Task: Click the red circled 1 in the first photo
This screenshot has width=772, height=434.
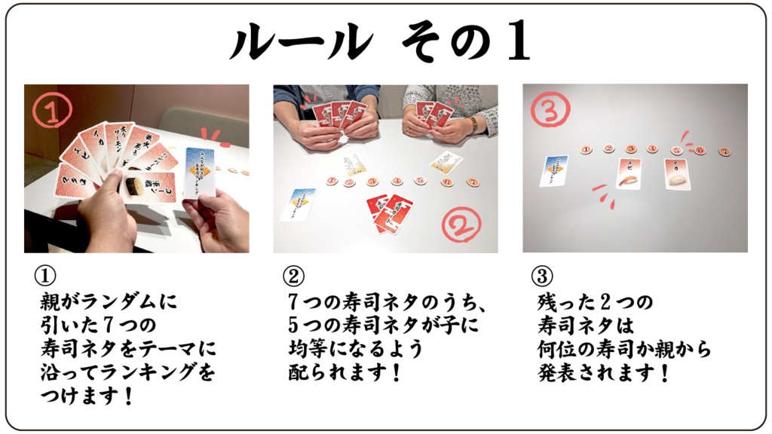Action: coord(53,112)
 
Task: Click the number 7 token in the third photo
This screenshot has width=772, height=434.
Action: coord(724,151)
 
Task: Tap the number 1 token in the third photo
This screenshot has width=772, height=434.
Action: coord(587,149)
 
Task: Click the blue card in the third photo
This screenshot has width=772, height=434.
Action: coord(553,171)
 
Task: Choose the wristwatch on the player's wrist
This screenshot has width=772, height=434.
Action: coord(473,124)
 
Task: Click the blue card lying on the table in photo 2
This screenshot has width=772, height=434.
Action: coord(298,204)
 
